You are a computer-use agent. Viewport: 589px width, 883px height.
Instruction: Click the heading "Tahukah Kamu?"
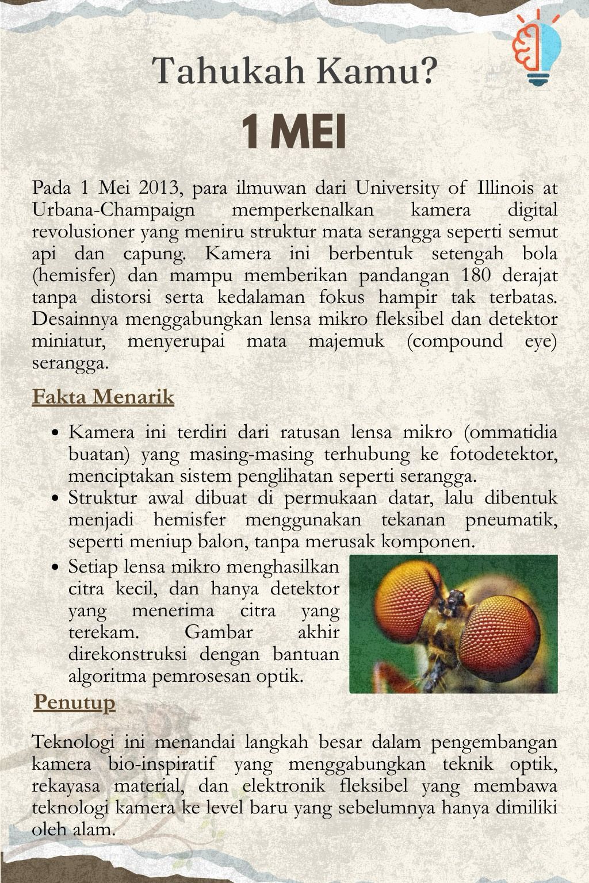click(294, 71)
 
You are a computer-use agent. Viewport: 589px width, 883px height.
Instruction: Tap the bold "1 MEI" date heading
click(294, 132)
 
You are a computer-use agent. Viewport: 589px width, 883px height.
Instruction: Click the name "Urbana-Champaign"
click(113, 210)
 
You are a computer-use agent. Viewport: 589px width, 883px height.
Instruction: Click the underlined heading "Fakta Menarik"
click(103, 397)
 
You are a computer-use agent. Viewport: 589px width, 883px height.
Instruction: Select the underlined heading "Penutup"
click(75, 702)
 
